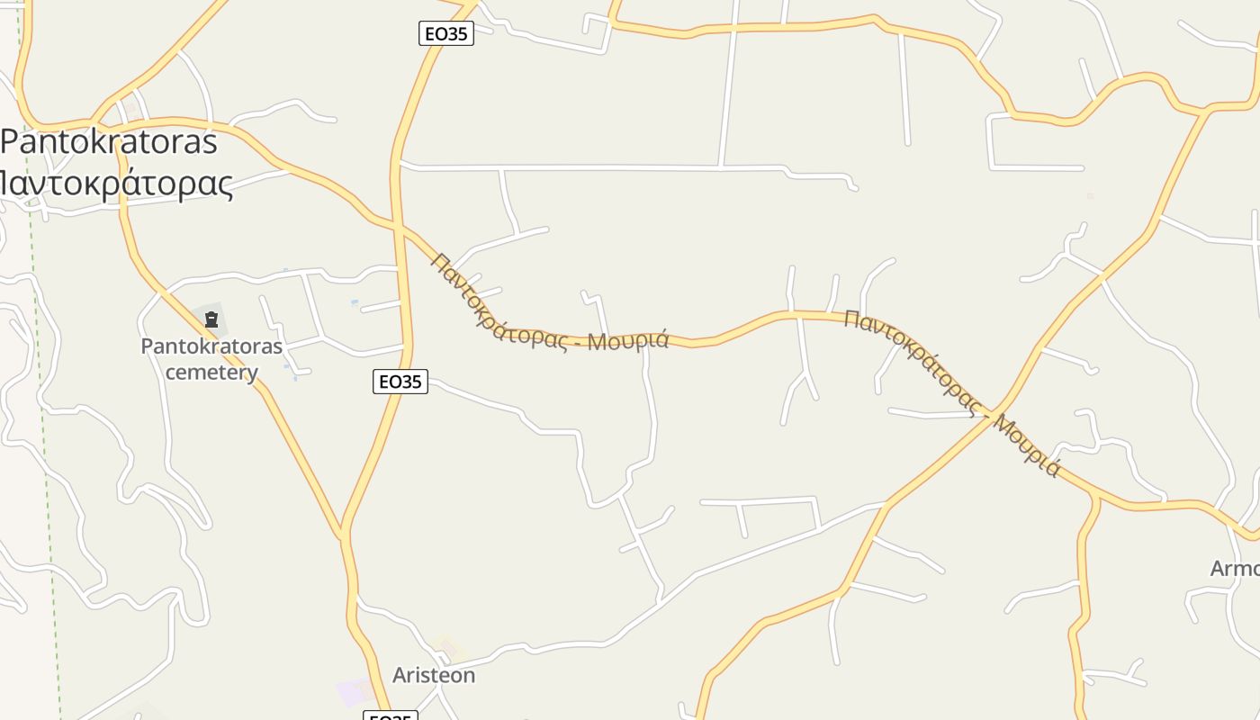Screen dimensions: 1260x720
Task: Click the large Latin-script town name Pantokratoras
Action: pos(109,142)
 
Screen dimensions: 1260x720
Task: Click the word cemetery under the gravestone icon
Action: pos(211,373)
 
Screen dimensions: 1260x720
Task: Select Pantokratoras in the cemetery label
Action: pos(211,346)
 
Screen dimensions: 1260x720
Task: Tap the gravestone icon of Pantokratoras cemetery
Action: pos(211,319)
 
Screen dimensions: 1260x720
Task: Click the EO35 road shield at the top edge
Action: pos(446,34)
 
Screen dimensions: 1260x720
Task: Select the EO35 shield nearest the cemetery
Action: pos(400,382)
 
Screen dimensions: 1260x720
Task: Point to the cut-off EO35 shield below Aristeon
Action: pos(391,716)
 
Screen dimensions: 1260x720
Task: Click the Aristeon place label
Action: pos(434,675)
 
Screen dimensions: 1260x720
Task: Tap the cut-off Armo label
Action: pos(1235,569)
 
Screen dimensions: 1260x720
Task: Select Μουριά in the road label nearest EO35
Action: pos(629,340)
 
